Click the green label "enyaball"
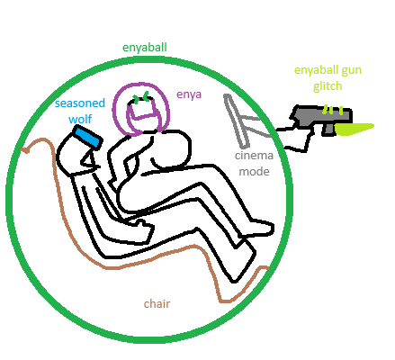pyautogui.click(x=145, y=48)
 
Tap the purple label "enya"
pyautogui.click(x=189, y=94)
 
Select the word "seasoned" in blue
pyautogui.click(x=80, y=103)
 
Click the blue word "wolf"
pyautogui.click(x=80, y=119)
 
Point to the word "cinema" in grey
pyautogui.click(x=254, y=156)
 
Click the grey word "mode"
pyautogui.click(x=254, y=172)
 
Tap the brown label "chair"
pyautogui.click(x=157, y=303)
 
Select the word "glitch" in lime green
pyautogui.click(x=328, y=86)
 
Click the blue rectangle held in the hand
pyautogui.click(x=87, y=137)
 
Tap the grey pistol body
pyautogui.click(x=321, y=116)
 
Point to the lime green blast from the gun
pyautogui.click(x=354, y=129)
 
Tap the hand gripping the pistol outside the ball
pyautogui.click(x=295, y=138)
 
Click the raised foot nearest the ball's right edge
pyautogui.click(x=260, y=228)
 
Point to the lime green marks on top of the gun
pyautogui.click(x=333, y=110)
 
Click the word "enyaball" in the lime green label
pyautogui.click(x=316, y=71)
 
